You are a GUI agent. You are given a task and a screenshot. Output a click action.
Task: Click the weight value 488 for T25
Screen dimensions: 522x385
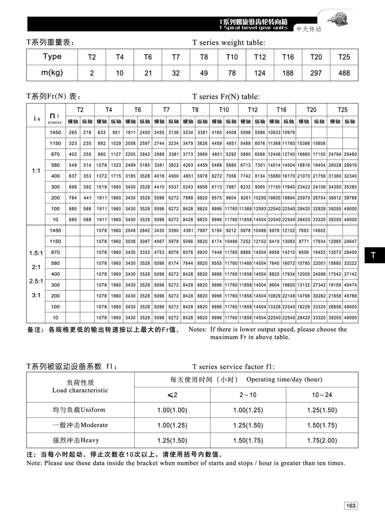tap(344, 73)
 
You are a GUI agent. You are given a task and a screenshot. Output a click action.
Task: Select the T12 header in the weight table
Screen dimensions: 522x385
tap(260, 57)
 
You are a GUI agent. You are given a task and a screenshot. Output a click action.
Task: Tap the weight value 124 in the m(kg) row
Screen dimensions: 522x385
tap(260, 73)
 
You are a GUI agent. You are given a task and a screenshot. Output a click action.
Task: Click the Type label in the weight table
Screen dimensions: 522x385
tap(52, 57)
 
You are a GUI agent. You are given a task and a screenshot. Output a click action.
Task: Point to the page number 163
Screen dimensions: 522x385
tap(351, 505)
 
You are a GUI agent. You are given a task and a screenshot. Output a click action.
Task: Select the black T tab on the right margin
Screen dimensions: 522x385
tap(373, 255)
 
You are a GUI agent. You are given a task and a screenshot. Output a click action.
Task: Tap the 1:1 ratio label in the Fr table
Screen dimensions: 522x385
tap(36, 171)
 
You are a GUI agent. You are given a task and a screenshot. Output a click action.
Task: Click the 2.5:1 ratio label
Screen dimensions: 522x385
tap(36, 281)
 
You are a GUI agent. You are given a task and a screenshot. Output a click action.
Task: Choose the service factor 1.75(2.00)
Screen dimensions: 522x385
tap(322, 440)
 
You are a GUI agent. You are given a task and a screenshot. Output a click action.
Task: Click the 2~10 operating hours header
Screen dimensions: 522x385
tap(248, 395)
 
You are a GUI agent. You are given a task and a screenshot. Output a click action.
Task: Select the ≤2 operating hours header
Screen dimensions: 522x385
tap(172, 395)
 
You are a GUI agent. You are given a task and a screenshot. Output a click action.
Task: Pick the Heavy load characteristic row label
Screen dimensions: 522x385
tap(76, 440)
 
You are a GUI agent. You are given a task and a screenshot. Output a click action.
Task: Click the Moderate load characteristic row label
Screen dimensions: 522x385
tap(80, 425)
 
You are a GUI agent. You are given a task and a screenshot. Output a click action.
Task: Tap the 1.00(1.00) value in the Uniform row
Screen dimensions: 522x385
tap(172, 410)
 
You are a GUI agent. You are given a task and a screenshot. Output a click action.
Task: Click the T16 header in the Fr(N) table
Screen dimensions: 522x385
tap(281, 110)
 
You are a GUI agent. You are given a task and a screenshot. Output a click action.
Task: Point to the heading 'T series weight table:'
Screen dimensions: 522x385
tap(229, 43)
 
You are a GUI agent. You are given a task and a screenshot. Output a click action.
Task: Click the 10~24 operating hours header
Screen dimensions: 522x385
tap(322, 395)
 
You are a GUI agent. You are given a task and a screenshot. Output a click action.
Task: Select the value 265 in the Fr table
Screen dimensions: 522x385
tap(73, 132)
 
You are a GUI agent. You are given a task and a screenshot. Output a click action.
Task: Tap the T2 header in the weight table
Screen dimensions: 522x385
tap(92, 57)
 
